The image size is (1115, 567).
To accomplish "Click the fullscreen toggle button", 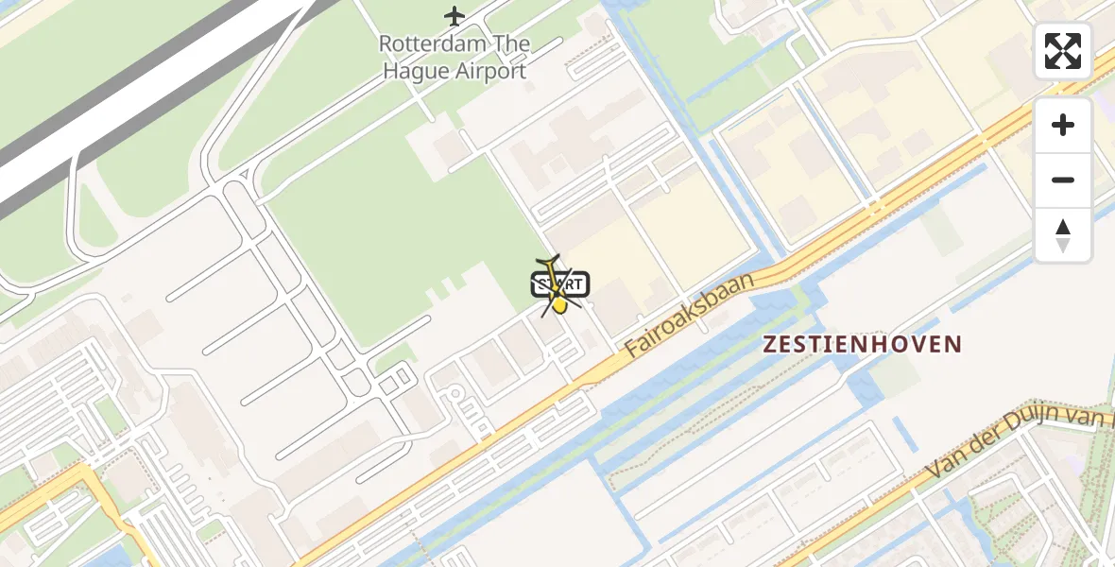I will (1063, 51).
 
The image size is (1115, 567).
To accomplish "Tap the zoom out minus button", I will (1063, 180).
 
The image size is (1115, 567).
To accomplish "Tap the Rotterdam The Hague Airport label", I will (455, 57).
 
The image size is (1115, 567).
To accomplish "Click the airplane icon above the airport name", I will (455, 16).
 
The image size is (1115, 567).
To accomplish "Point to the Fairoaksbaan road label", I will (692, 316).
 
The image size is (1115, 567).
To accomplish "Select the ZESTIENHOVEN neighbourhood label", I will (862, 344).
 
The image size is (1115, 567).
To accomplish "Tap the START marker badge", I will (560, 283).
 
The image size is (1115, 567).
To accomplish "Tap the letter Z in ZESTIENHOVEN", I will (770, 344).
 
